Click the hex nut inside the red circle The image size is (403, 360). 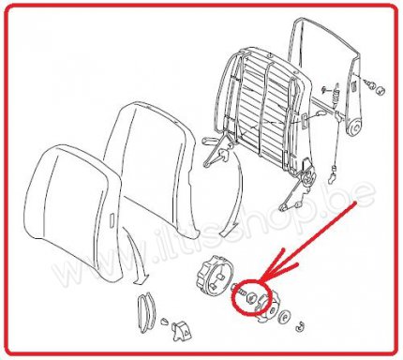(x=250, y=297)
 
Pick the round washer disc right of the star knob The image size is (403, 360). (x=286, y=317)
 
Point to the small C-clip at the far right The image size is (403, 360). (x=300, y=326)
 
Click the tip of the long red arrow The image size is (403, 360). (x=261, y=277)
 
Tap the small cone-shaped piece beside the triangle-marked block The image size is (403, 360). (x=164, y=322)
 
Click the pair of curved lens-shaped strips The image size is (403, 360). (x=146, y=312)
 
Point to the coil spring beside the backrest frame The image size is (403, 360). (x=336, y=93)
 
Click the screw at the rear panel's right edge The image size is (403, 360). (x=368, y=84)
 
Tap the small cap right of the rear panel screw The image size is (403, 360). (x=381, y=91)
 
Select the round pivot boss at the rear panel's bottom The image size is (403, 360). (x=354, y=128)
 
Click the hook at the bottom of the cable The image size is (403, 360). (x=332, y=178)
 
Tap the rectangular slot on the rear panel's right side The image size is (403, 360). (x=354, y=85)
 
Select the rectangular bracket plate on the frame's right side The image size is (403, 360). (x=305, y=120)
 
